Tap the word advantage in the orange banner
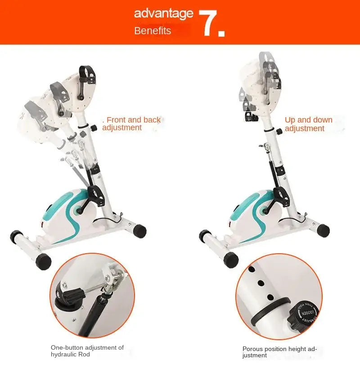[164, 14]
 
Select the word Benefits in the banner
[153, 31]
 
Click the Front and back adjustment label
[132, 124]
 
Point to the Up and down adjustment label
[309, 124]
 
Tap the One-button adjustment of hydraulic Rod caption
[87, 351]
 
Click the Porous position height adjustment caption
[280, 352]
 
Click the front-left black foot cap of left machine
[43, 261]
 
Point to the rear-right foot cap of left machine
[139, 231]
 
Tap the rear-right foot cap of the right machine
[323, 230]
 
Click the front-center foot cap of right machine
[231, 260]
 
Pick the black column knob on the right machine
[279, 131]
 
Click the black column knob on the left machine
[94, 128]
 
